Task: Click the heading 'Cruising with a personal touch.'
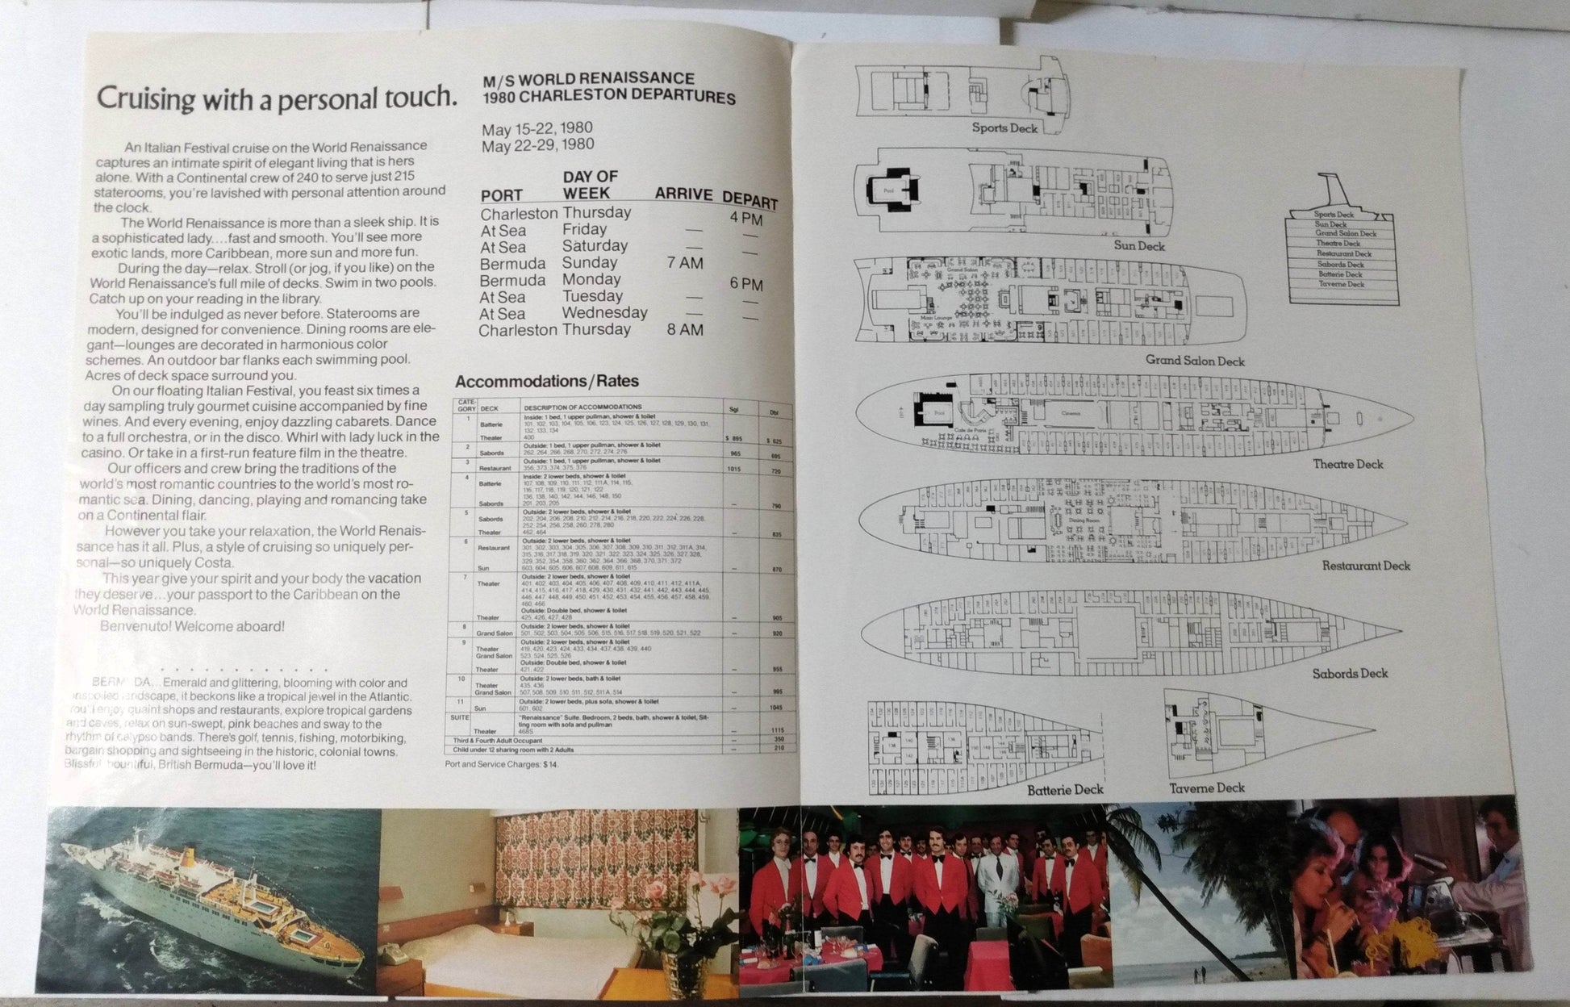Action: coord(276,98)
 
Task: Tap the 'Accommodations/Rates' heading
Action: coord(546,382)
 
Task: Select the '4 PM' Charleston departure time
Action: coord(745,219)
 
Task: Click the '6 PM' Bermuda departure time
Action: coord(745,284)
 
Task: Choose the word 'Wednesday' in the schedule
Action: coord(604,312)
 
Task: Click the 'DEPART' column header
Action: coord(750,201)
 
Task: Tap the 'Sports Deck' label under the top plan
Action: coord(1004,127)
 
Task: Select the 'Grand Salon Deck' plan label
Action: coord(1195,361)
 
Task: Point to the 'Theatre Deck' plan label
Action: coord(1347,464)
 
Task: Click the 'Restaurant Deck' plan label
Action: coord(1366,566)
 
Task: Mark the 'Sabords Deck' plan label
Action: coord(1350,673)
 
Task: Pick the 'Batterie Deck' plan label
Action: coord(1065,789)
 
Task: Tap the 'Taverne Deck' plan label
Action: coord(1207,788)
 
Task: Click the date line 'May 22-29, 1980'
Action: coord(537,144)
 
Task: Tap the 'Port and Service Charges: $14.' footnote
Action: coord(500,763)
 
